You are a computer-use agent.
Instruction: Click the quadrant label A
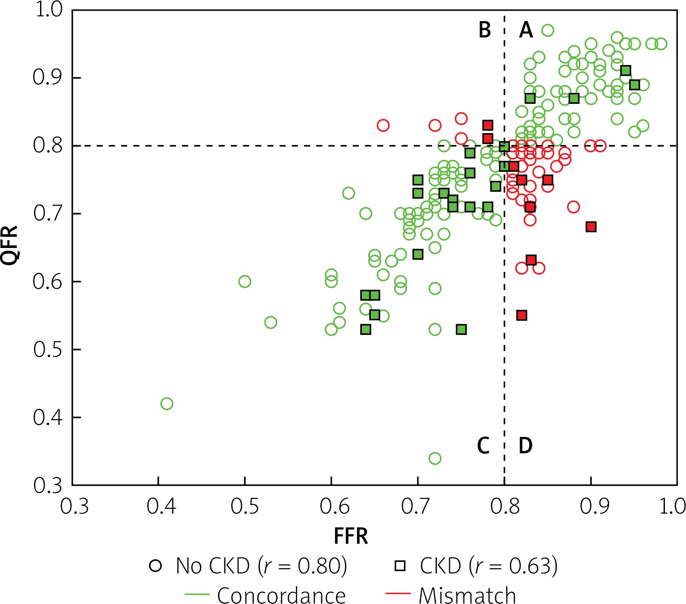point(526,30)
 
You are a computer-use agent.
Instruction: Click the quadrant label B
point(485,30)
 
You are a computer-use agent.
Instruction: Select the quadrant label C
point(483,446)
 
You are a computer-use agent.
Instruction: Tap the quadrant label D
point(525,446)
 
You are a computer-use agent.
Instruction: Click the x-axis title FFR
point(351,536)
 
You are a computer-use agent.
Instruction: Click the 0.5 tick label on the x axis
point(245,507)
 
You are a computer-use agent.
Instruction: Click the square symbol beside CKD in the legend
point(400,566)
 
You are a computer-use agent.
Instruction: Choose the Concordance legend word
point(281,596)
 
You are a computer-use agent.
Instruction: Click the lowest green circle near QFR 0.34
point(435,458)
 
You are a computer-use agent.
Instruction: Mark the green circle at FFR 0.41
point(167,404)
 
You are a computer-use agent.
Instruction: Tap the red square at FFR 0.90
point(591,227)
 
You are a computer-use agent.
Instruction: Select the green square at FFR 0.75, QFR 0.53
point(461,330)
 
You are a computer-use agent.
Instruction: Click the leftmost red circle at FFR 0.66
point(383,126)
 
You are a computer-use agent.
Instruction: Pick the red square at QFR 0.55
point(521,316)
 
